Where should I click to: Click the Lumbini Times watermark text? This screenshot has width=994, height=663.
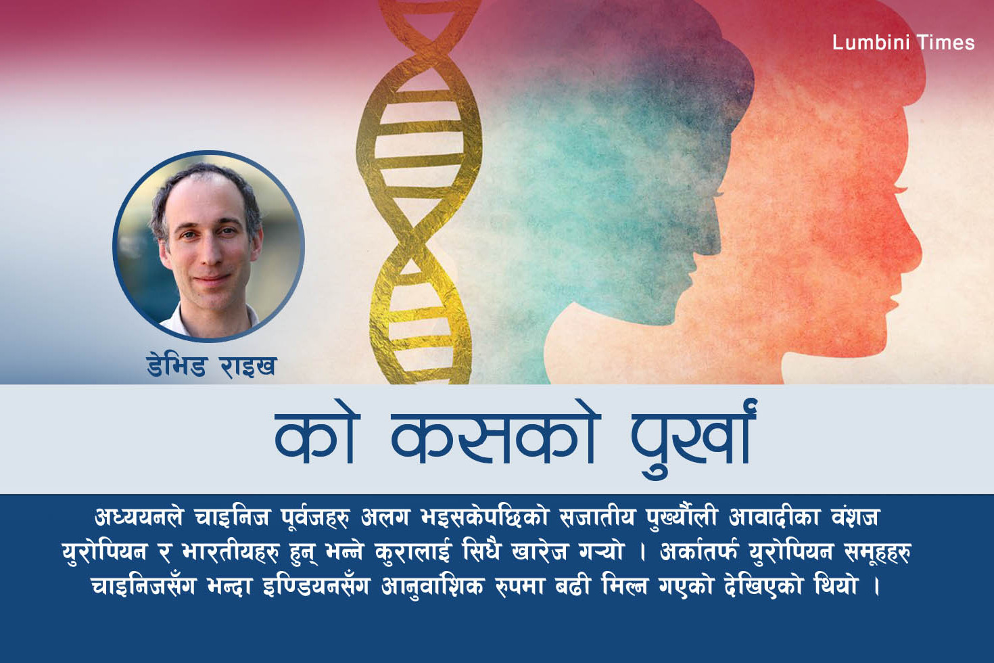903,43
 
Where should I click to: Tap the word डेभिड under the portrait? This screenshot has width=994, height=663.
176,367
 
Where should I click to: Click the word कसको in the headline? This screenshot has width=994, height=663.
496,439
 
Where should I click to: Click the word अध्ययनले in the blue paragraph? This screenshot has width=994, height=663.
139,518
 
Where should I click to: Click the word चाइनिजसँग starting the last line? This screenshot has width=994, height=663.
143,586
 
